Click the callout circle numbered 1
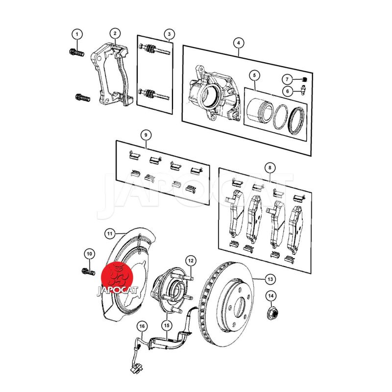(x=77, y=34)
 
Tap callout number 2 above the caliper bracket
(x=115, y=33)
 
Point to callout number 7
(x=287, y=79)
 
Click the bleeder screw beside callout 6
(x=303, y=91)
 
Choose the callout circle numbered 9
(x=146, y=135)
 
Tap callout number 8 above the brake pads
(x=270, y=168)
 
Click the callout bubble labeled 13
(x=270, y=279)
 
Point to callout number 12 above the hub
(x=191, y=261)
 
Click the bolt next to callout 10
(x=89, y=271)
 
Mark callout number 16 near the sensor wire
(x=142, y=326)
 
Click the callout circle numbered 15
(x=167, y=325)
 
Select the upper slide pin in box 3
(x=155, y=49)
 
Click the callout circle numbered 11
(x=109, y=234)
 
